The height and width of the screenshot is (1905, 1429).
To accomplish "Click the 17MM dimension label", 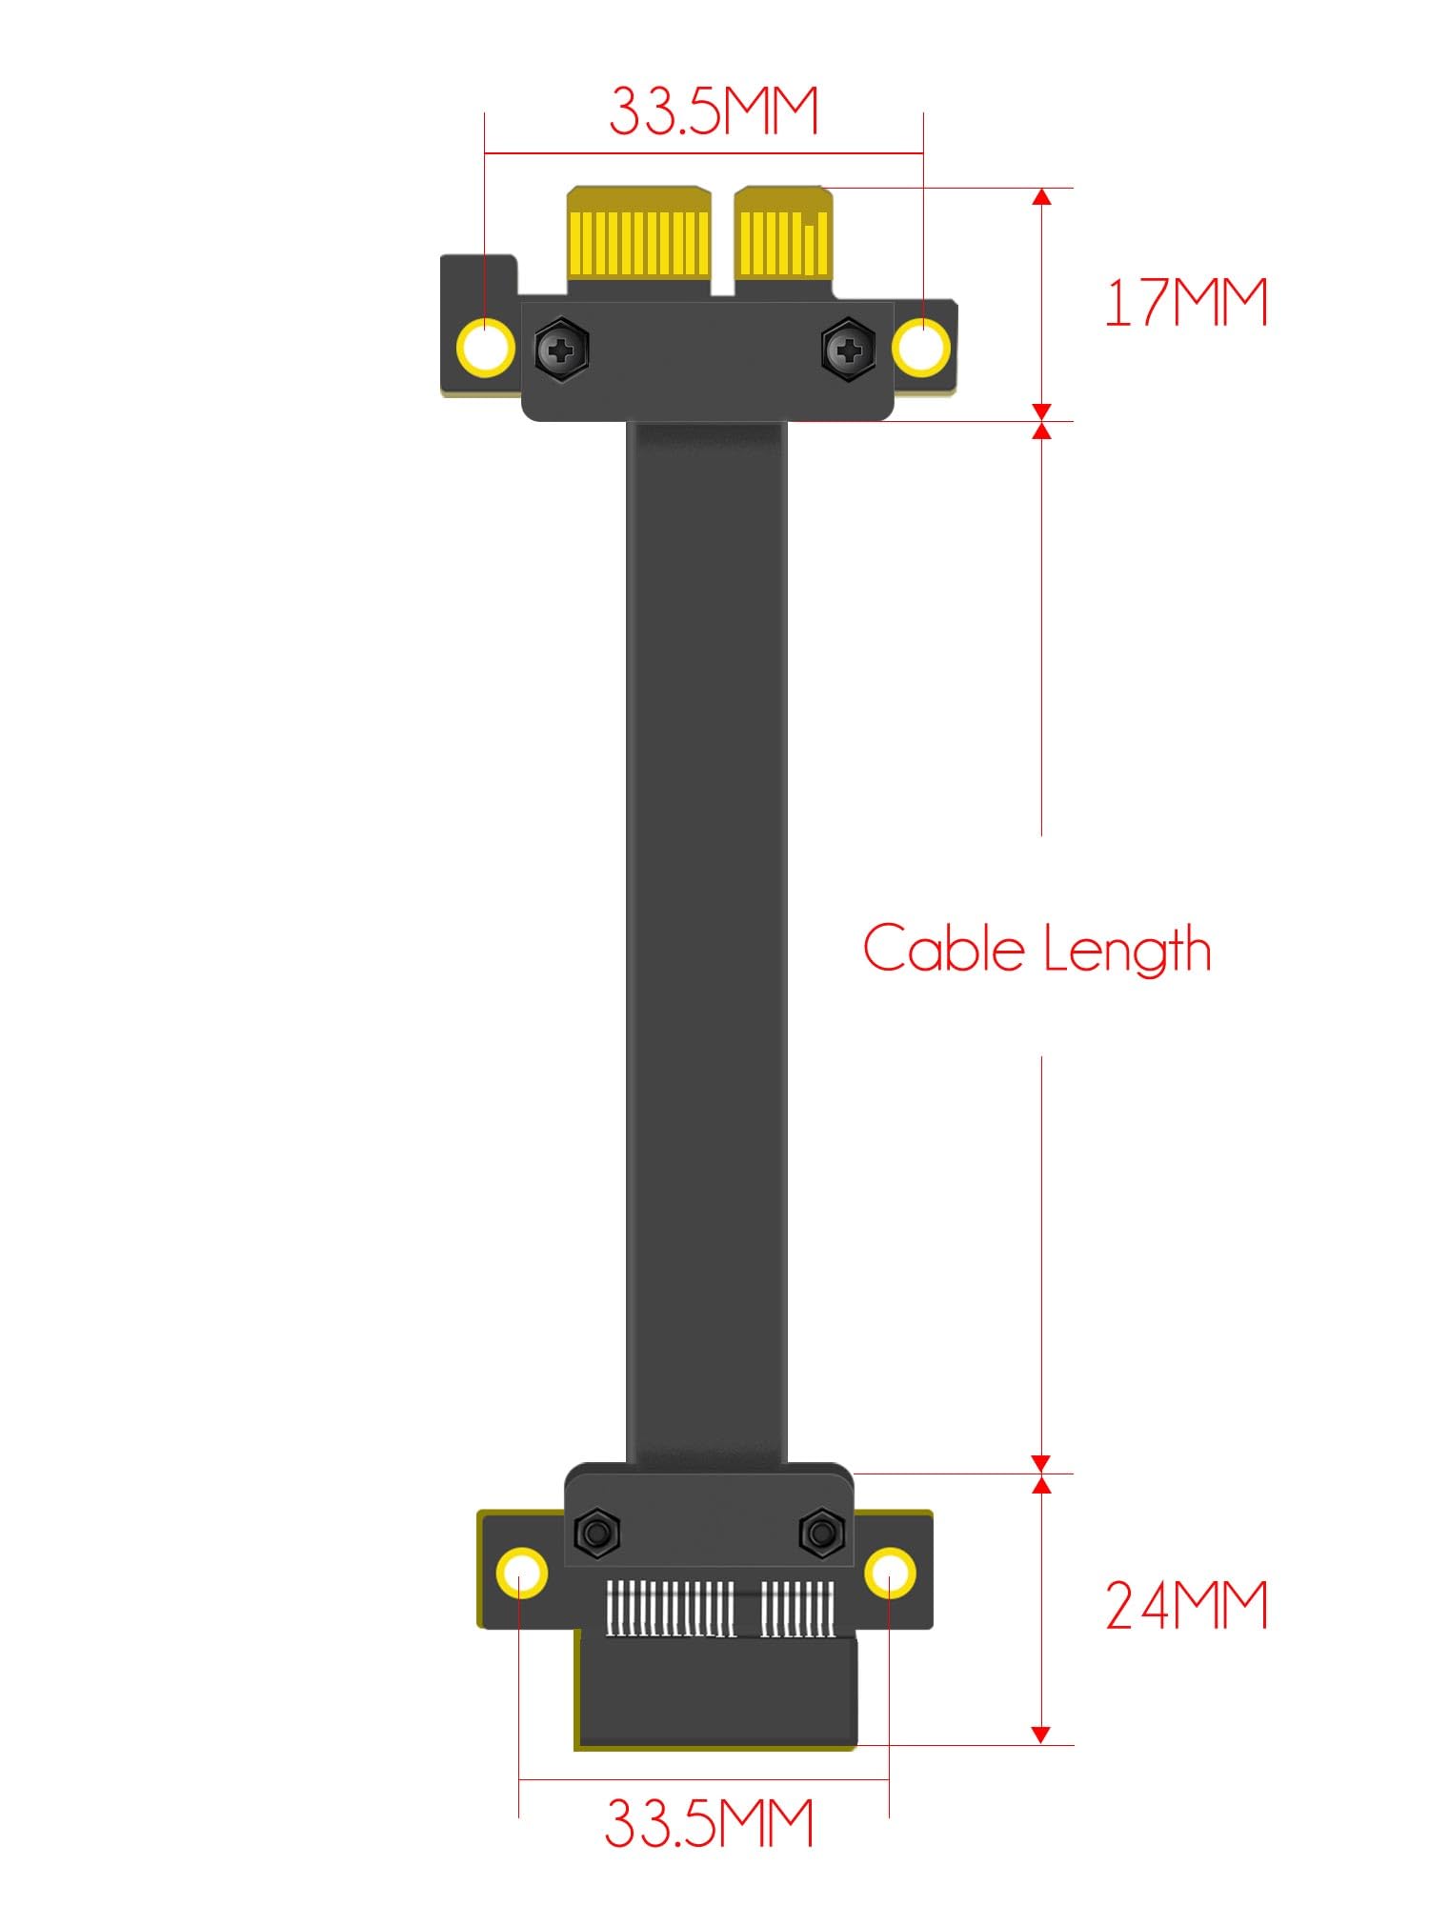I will pyautogui.click(x=1185, y=303).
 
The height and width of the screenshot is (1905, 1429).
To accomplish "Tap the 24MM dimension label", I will pyautogui.click(x=1186, y=1605).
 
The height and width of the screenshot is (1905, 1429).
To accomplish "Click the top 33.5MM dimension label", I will pyautogui.click(x=714, y=110).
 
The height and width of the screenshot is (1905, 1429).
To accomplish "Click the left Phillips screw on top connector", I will pyautogui.click(x=562, y=350).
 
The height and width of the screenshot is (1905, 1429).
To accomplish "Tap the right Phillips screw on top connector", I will pyautogui.click(x=848, y=350).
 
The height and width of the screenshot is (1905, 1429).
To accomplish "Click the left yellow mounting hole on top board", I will pyautogui.click(x=486, y=348).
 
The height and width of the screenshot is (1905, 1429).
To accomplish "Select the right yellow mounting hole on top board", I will pyautogui.click(x=921, y=348).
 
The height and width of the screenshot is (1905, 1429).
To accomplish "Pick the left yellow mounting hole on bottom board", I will pyautogui.click(x=521, y=1573).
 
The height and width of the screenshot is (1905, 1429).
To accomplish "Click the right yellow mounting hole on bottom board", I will pyautogui.click(x=890, y=1573).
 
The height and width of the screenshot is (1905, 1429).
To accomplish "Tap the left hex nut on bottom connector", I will pyautogui.click(x=596, y=1533).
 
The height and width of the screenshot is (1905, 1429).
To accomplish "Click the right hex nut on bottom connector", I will pyautogui.click(x=820, y=1533).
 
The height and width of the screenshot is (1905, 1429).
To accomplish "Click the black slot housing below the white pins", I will pyautogui.click(x=716, y=1691).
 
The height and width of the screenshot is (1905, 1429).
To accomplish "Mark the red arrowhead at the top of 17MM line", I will pyautogui.click(x=1041, y=197).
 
